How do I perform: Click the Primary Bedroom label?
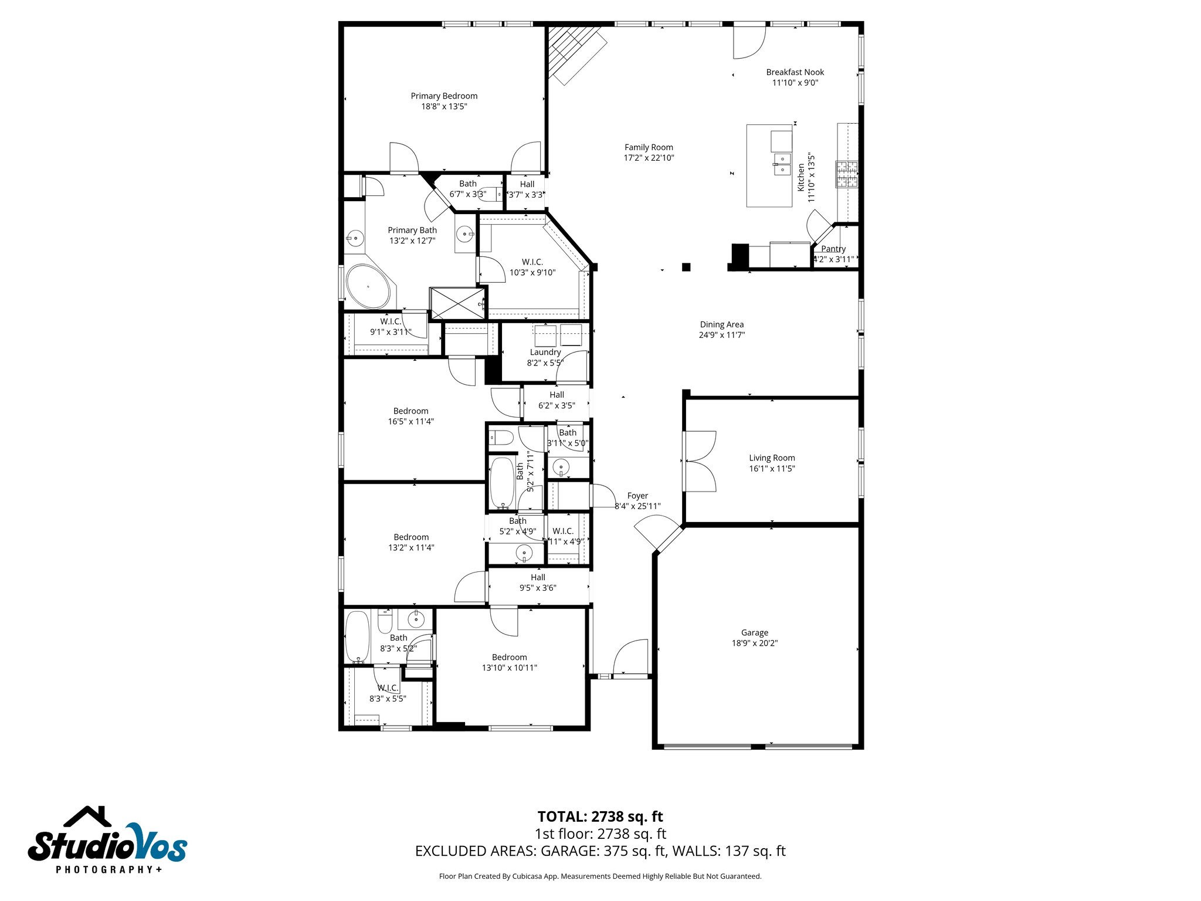click(444, 96)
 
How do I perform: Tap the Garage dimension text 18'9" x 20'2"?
click(754, 643)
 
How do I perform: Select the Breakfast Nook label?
click(795, 72)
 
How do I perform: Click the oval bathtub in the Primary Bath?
click(368, 287)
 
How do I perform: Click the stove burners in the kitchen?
click(846, 174)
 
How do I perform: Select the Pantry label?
click(833, 249)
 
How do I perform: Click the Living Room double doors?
click(700, 461)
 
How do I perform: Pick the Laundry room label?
click(545, 352)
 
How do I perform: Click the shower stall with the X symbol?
click(457, 303)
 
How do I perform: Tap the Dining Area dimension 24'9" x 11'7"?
click(721, 335)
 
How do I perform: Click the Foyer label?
click(637, 496)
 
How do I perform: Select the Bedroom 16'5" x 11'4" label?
click(410, 411)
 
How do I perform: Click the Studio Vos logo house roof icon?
click(88, 817)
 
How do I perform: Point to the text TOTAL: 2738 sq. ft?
click(600, 817)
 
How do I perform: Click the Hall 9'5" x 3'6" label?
click(538, 577)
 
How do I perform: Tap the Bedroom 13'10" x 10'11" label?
click(509, 657)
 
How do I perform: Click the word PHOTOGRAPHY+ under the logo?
click(109, 869)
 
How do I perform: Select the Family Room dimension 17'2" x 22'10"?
click(649, 158)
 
